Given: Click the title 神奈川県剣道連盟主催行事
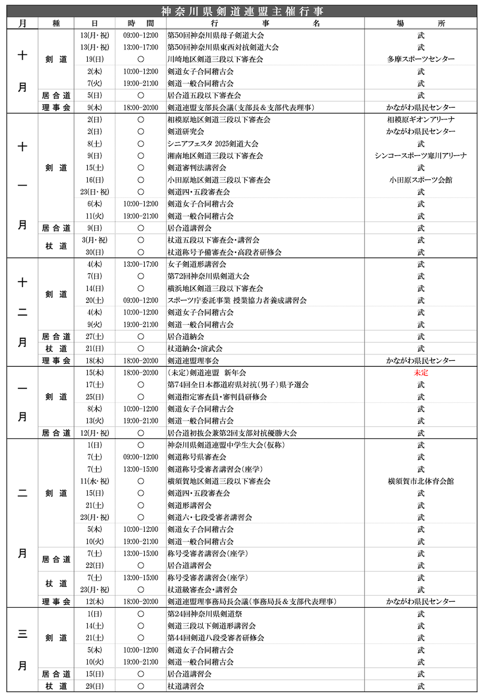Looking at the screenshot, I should click(x=241, y=11).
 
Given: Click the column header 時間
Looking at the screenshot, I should click(x=140, y=23).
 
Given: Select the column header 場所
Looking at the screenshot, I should click(x=421, y=23).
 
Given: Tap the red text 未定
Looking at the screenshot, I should click(x=421, y=373).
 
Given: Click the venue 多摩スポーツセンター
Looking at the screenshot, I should click(x=421, y=59).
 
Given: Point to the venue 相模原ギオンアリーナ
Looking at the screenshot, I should click(x=421, y=119).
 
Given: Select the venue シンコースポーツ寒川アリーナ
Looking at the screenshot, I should click(x=421, y=155).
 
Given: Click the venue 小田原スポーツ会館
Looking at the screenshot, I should click(x=421, y=180).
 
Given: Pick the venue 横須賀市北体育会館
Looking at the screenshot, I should click(x=421, y=481).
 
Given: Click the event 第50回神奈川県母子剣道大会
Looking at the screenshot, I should click(x=215, y=35).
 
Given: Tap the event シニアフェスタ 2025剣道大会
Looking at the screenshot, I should click(x=213, y=144).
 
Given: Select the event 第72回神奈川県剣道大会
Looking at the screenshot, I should click(x=209, y=276).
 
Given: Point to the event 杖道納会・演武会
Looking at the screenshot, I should click(x=195, y=348).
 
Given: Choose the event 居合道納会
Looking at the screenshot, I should click(x=186, y=337).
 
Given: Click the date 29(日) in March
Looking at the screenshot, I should click(x=95, y=686).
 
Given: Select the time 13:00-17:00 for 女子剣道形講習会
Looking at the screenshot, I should click(x=140, y=264).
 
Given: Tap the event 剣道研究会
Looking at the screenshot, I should click(x=186, y=131).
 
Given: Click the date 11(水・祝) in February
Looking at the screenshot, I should click(x=95, y=481).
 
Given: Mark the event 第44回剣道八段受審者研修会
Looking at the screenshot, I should click(x=216, y=638).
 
